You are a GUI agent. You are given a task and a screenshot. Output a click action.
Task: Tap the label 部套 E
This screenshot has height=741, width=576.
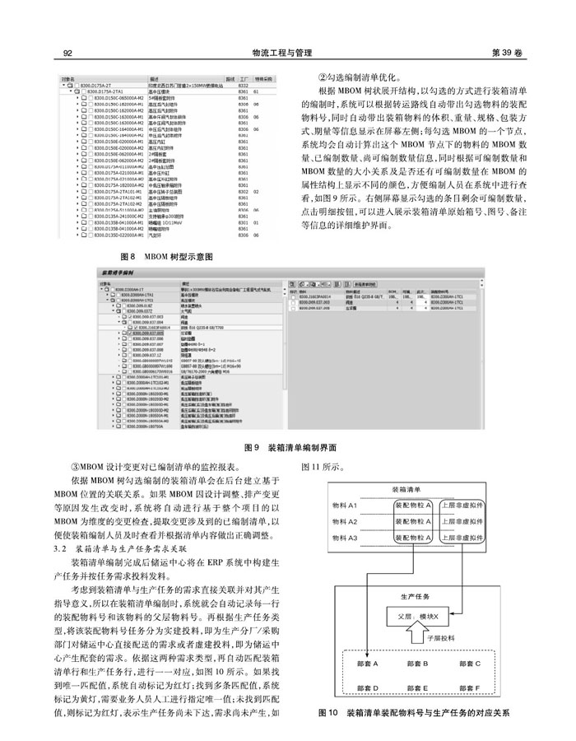(418, 687)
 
